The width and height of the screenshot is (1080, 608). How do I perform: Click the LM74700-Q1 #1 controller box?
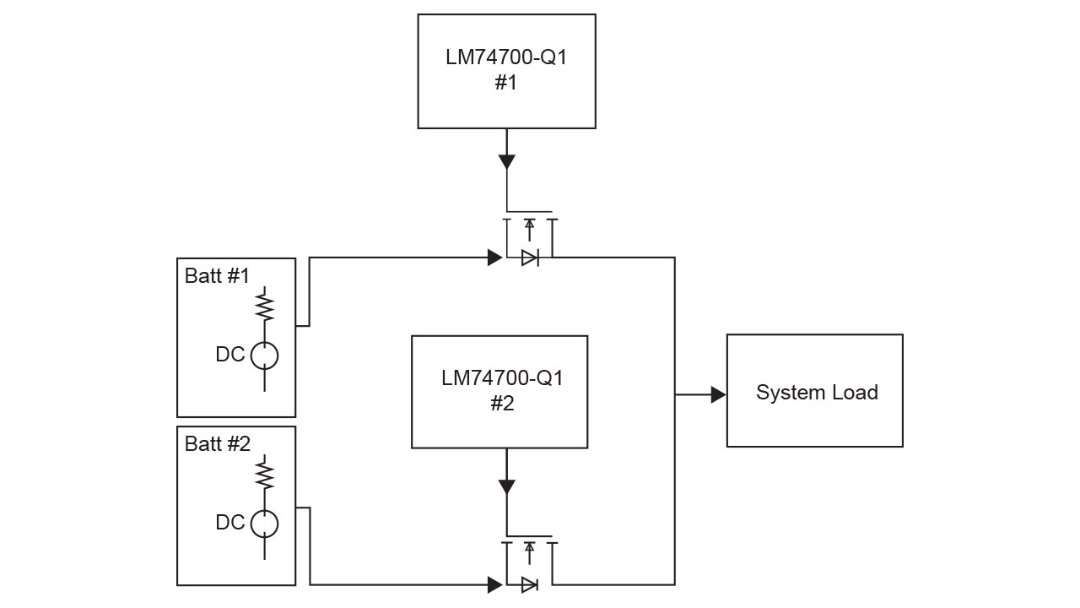[506, 71]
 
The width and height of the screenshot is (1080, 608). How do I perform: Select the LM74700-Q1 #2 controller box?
[499, 392]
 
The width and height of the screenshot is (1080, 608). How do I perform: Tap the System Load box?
[815, 391]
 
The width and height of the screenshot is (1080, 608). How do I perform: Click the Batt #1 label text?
[217, 276]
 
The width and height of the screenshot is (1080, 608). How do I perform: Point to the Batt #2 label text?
[217, 444]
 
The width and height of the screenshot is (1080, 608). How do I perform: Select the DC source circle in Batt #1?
[265, 356]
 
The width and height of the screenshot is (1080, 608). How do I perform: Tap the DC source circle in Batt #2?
[265, 524]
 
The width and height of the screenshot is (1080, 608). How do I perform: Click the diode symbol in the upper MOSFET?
[530, 258]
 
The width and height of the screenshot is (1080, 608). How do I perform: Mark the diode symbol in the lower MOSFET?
[530, 584]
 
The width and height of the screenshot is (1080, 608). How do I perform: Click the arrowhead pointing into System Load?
[718, 394]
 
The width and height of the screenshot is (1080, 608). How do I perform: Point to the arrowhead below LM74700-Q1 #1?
[506, 161]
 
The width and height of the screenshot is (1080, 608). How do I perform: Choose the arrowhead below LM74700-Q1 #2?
[506, 486]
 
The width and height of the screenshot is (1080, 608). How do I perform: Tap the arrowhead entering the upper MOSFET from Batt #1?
[495, 258]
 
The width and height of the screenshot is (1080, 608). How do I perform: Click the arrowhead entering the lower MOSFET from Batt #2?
[495, 584]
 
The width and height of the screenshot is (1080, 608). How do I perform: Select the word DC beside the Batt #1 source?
[230, 355]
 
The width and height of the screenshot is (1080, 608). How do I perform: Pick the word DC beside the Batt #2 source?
[230, 523]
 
